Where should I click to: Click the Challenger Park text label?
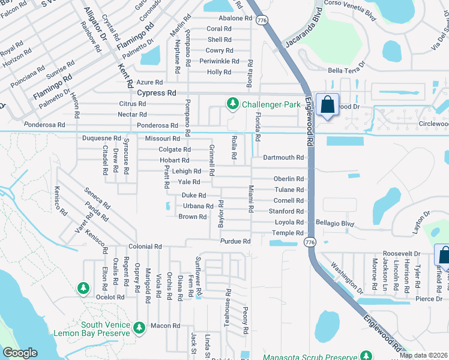tap(271, 104)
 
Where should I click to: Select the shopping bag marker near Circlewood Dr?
tap(327, 106)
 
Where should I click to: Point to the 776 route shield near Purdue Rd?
tap(309, 242)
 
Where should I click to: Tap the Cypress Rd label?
tap(157, 93)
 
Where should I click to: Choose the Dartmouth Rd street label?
tap(283, 157)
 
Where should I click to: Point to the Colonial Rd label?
tap(145, 247)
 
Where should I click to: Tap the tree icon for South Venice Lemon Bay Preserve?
tap(139, 328)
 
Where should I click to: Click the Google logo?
tap(20, 353)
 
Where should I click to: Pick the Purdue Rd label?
tap(235, 241)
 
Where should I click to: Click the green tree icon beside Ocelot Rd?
tap(83, 289)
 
